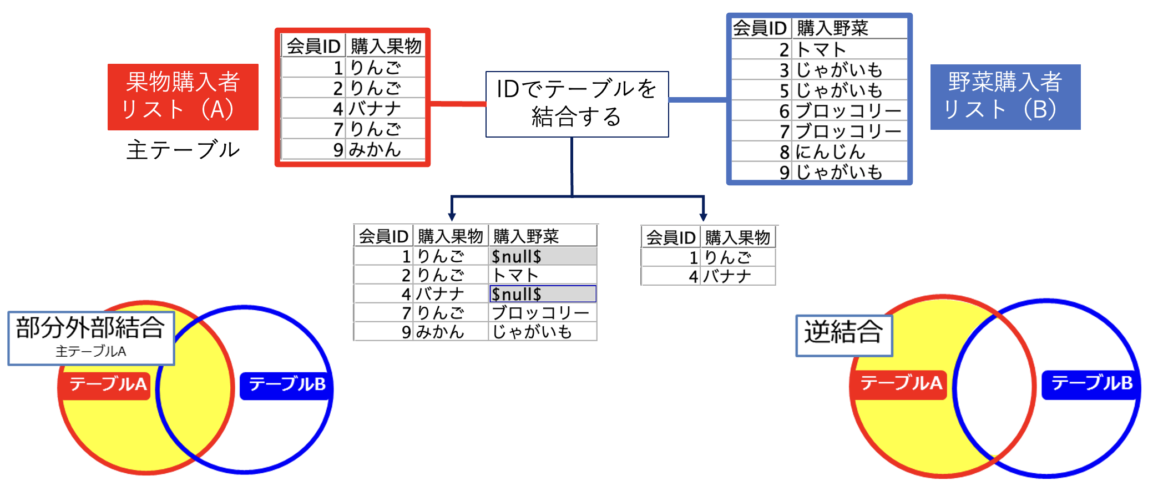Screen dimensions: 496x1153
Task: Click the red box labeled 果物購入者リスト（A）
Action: point(183,97)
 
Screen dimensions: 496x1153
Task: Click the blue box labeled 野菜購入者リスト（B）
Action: point(1005,97)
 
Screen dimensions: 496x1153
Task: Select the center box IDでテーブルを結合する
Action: point(576,104)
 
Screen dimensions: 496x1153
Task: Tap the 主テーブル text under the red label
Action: point(183,150)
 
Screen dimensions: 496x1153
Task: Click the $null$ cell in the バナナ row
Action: point(542,293)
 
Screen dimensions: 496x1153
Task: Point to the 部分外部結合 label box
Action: point(91,337)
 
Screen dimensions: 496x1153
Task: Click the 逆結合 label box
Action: point(843,335)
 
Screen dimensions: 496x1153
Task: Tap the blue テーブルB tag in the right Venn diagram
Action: point(1092,383)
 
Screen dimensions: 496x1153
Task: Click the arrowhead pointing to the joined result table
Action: point(452,217)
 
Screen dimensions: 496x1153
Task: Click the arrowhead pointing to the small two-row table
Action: point(703,217)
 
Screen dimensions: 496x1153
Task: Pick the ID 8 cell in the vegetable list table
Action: point(783,151)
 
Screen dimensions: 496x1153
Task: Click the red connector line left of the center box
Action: point(458,104)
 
